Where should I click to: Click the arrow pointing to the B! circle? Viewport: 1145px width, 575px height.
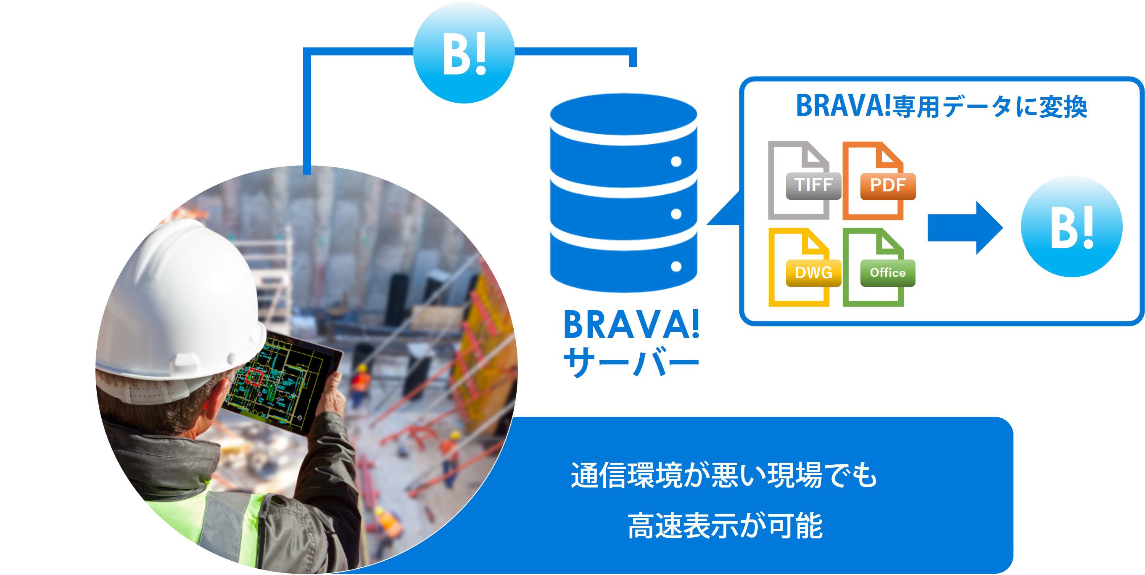[965, 228]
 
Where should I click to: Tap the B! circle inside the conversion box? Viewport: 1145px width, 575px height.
[1072, 226]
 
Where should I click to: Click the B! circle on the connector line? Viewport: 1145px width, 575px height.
[464, 53]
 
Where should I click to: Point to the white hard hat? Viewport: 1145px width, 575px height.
[178, 307]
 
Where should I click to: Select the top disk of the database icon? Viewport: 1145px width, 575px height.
[624, 115]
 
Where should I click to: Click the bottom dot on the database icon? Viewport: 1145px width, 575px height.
[676, 266]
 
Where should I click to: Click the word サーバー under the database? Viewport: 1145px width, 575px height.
[631, 362]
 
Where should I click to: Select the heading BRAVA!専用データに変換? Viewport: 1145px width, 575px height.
[942, 106]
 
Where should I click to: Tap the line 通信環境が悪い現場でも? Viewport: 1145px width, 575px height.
[724, 475]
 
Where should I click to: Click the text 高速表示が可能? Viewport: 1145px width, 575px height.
[725, 526]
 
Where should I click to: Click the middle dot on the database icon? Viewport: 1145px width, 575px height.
[676, 214]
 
